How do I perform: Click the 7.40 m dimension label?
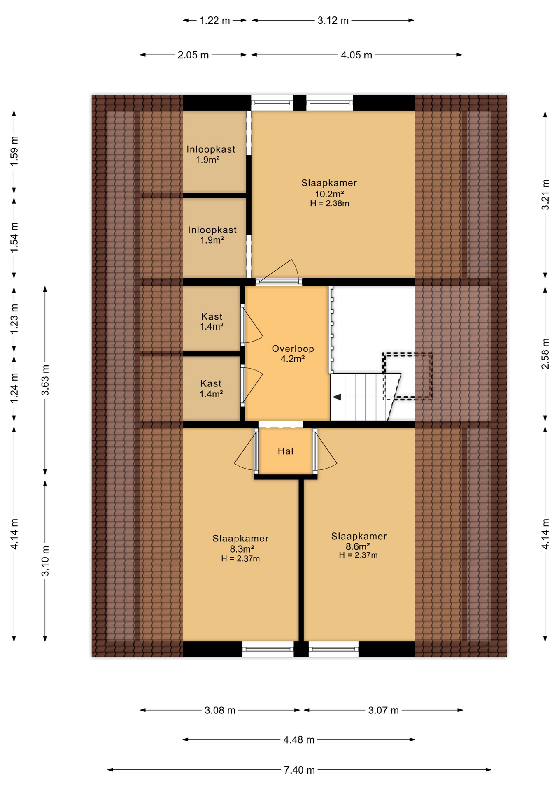(299, 770)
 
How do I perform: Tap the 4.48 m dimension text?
(299, 740)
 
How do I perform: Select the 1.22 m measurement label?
(215, 21)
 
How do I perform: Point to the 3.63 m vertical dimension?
(45, 380)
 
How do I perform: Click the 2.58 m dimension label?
(545, 353)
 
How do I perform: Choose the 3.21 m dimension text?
(545, 195)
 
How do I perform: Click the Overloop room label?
(293, 349)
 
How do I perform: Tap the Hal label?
(286, 451)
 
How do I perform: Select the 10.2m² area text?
(329, 194)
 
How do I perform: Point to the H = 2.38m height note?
(329, 203)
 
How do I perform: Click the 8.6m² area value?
(358, 546)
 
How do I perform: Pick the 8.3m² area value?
(242, 549)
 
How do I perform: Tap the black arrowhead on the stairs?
(337, 397)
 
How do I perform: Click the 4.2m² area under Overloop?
(293, 359)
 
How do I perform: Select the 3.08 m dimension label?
(220, 711)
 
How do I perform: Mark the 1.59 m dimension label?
(14, 151)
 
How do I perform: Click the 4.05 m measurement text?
(356, 55)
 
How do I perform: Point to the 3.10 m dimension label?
(45, 561)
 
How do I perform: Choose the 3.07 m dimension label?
(383, 711)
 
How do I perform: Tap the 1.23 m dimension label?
(14, 319)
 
